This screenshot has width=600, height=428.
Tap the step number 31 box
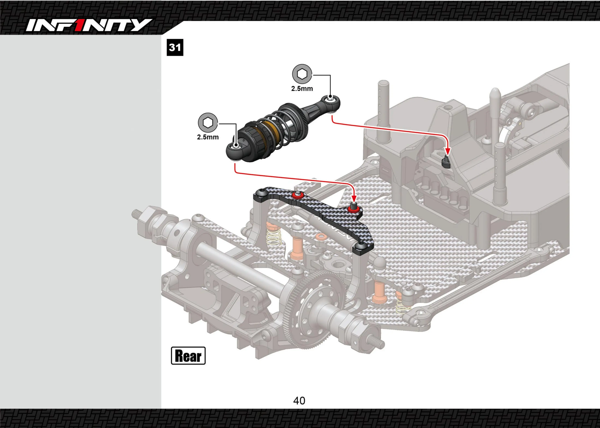click(175, 47)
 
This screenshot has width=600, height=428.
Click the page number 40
click(299, 401)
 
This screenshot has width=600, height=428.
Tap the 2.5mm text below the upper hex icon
click(302, 89)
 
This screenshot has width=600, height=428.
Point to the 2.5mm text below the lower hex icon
click(208, 137)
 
